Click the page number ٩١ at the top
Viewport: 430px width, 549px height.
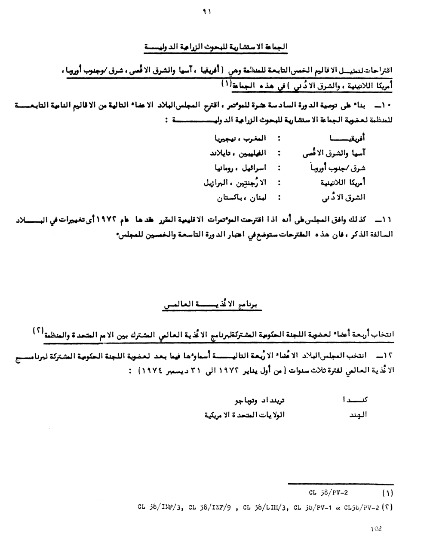(x=207, y=12)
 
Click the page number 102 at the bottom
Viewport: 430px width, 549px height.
(x=376, y=529)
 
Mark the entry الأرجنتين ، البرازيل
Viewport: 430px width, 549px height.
(x=234, y=183)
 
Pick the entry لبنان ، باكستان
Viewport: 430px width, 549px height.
(x=241, y=198)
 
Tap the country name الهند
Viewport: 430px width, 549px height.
(x=358, y=415)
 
